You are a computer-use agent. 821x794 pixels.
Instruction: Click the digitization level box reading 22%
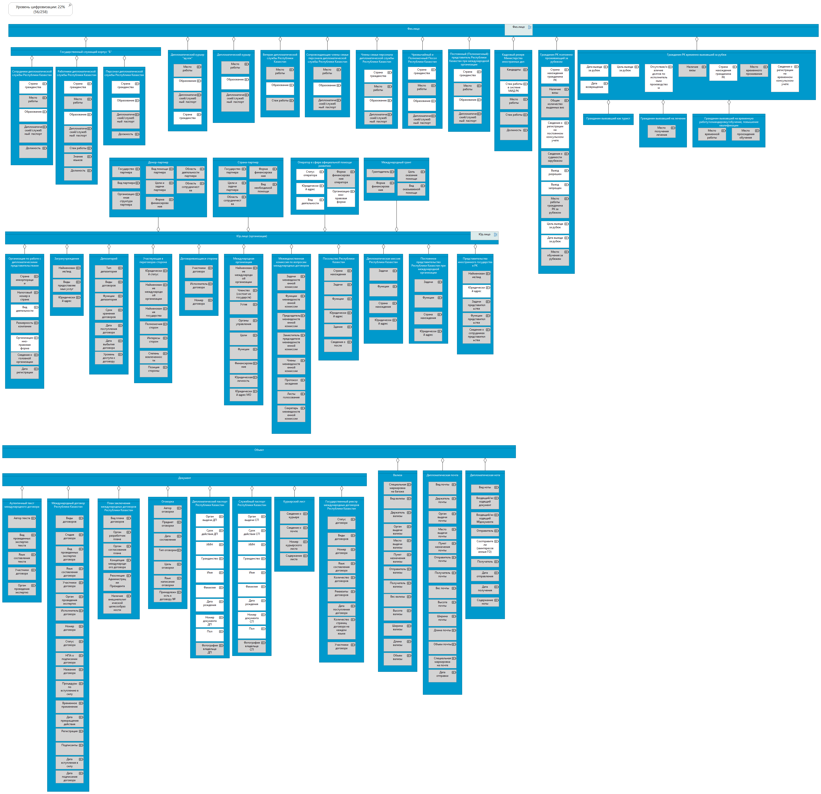tap(40, 9)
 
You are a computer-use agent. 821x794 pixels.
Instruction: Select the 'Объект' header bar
tap(259, 450)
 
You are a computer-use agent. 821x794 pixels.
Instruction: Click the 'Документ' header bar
tap(184, 478)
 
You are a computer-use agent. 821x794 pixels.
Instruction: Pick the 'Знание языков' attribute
tap(78, 158)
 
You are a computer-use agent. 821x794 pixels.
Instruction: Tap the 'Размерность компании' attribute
tap(25, 324)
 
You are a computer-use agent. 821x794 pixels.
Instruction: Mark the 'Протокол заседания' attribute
tap(291, 382)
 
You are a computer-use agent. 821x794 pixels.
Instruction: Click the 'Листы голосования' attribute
tap(291, 396)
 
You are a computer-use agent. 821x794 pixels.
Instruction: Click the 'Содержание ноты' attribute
tap(485, 602)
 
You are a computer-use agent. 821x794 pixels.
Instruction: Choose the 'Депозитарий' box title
tap(109, 259)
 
